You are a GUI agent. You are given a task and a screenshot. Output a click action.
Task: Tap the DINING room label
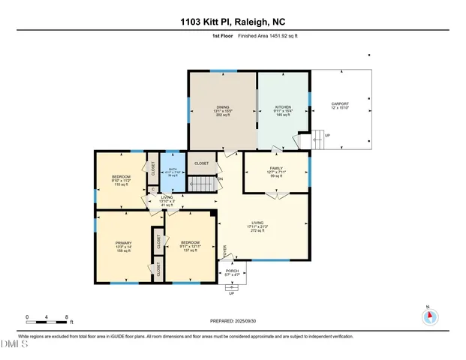[x=223, y=107]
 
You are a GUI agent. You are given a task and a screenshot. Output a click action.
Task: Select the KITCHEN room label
[x=283, y=107]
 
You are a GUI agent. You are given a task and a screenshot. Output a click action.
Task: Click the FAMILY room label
[x=277, y=169]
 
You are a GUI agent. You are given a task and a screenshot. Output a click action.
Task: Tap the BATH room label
[x=173, y=169]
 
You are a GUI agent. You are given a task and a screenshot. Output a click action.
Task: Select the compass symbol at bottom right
[x=429, y=316]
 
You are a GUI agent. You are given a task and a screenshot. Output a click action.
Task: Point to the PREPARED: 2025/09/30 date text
[x=233, y=320]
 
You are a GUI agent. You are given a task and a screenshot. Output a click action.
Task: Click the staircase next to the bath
[x=199, y=183]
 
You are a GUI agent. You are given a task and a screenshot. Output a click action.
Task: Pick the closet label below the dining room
[x=202, y=163]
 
